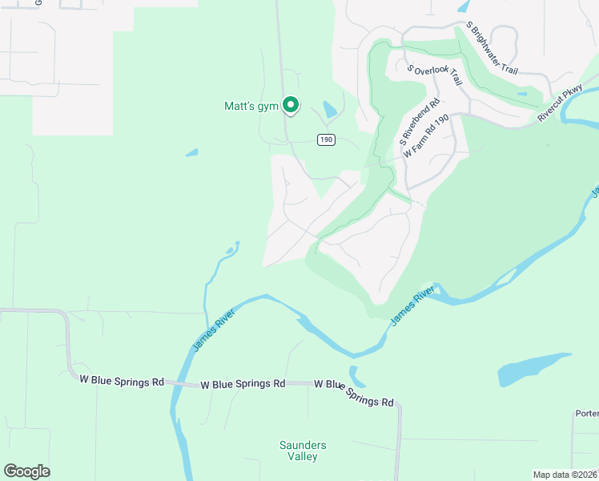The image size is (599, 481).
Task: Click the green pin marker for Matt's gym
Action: click(x=291, y=105)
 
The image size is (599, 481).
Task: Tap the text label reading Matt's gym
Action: click(x=250, y=106)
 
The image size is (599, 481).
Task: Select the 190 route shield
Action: click(x=325, y=139)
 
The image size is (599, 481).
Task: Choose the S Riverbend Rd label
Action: click(x=420, y=121)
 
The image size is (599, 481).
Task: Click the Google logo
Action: click(x=26, y=471)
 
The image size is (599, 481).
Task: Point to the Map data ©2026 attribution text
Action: click(x=565, y=475)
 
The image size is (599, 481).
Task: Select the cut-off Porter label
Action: click(x=586, y=414)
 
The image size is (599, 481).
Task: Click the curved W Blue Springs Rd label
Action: click(x=355, y=393)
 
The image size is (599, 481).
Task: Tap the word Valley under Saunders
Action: click(x=303, y=457)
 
